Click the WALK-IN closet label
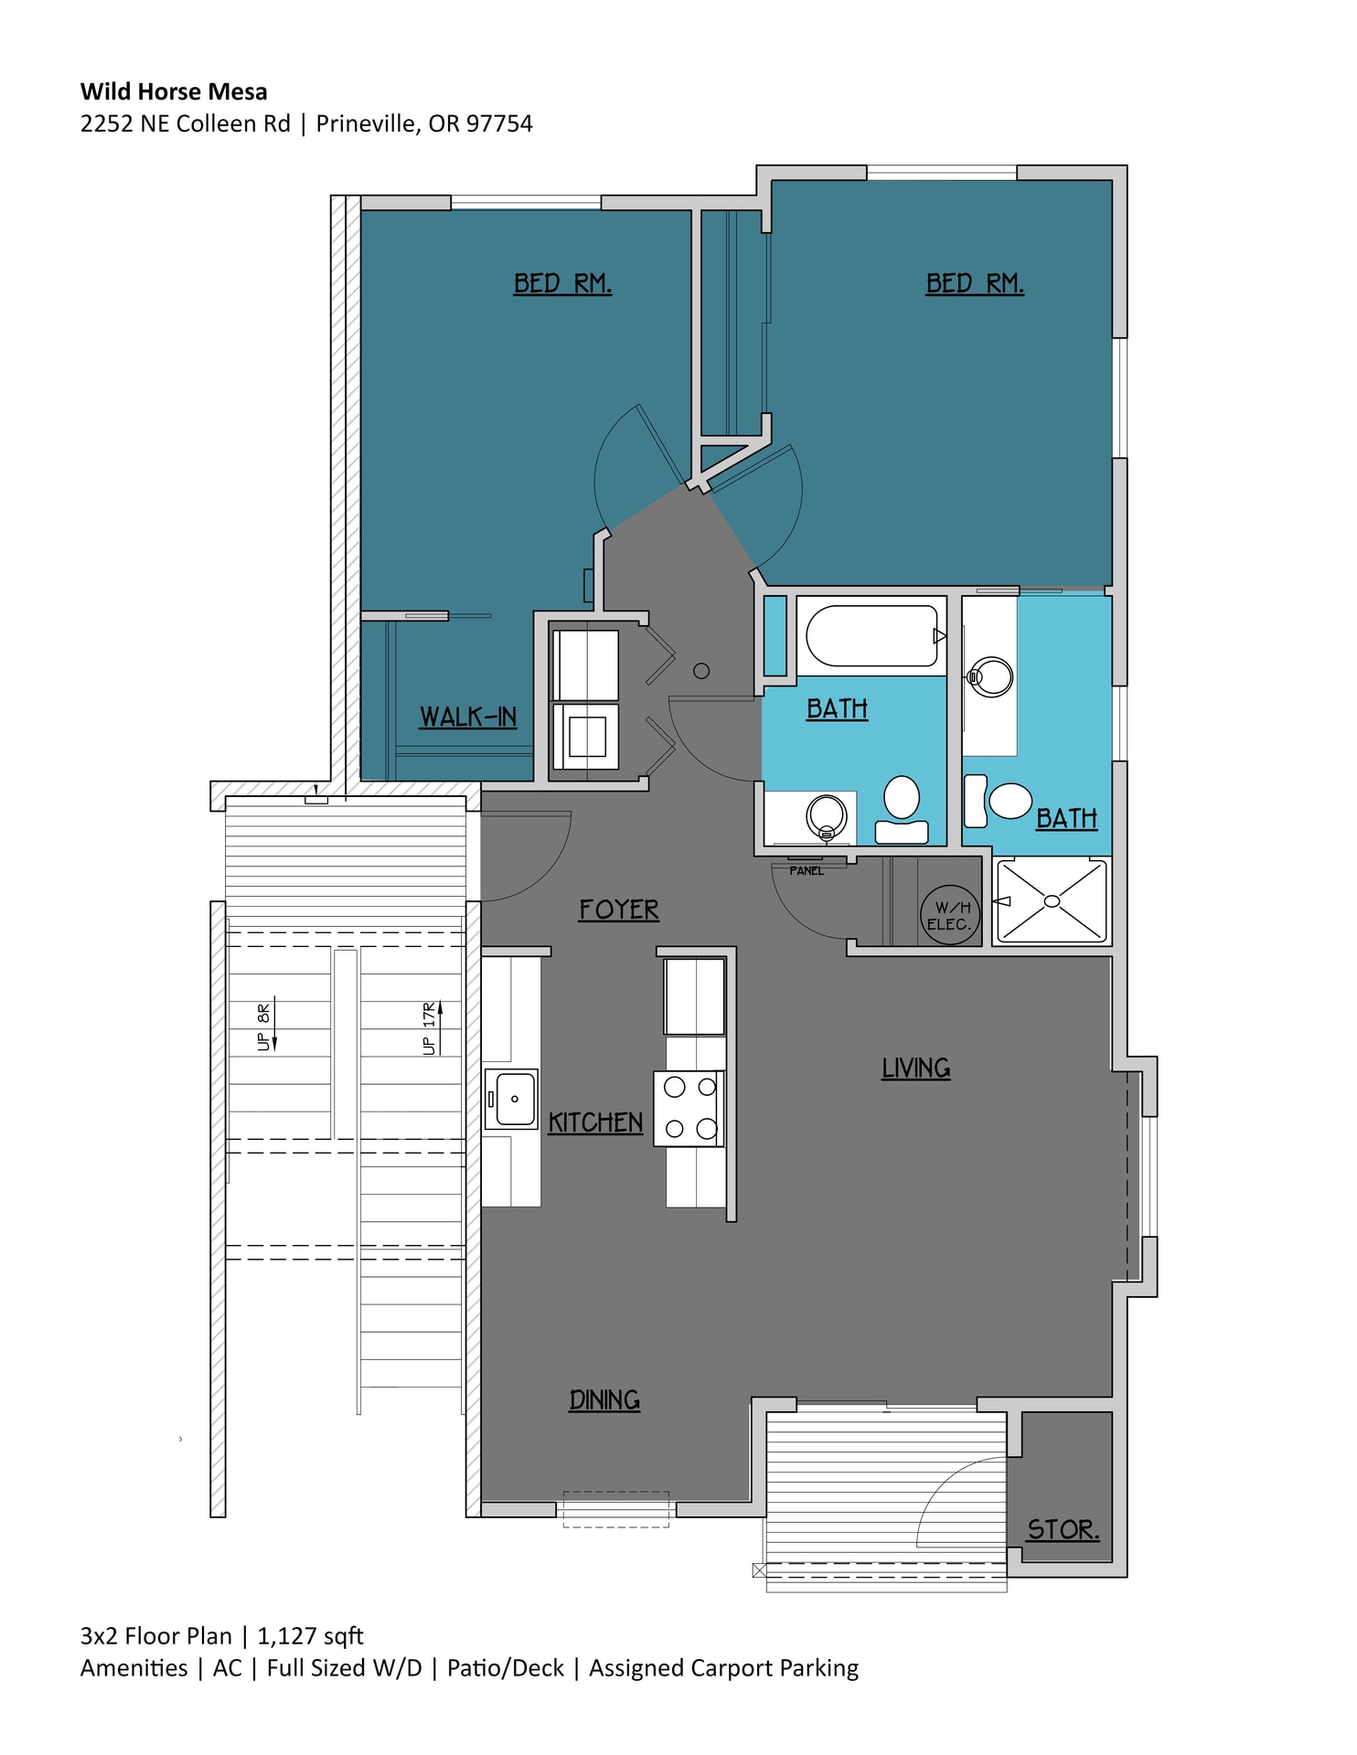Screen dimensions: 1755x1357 467,717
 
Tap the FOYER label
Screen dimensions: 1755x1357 618,909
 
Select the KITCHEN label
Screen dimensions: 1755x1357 595,1122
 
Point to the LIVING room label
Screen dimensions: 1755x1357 915,1068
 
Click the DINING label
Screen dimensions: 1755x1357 604,1399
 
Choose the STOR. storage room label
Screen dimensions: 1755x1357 1063,1529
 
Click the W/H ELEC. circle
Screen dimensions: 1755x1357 949,915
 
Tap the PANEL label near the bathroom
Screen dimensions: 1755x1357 807,871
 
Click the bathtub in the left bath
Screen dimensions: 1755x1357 871,635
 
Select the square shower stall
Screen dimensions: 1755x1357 1052,901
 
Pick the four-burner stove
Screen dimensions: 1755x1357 689,1108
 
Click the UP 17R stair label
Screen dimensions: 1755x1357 430,1028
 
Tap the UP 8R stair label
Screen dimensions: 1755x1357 264,1027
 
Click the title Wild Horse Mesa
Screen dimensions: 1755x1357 174,91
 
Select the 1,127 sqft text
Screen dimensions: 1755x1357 310,1636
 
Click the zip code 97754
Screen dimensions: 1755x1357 499,123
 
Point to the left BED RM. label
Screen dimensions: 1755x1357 562,283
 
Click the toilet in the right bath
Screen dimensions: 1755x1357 1006,801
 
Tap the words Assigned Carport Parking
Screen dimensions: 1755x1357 723,1668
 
